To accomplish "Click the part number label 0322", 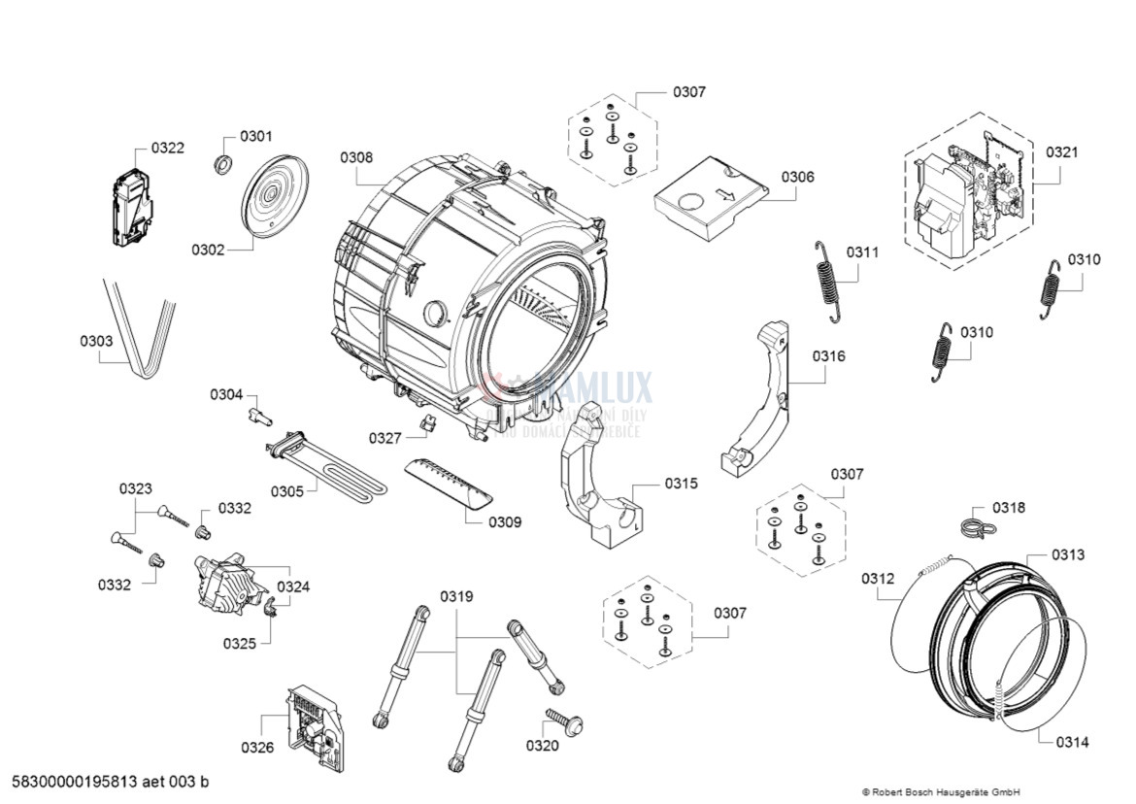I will tap(167, 149).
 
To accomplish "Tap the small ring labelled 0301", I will tap(222, 163).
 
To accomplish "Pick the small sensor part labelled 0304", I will tap(257, 415).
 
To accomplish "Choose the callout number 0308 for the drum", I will tap(356, 157).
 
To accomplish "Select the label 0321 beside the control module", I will tap(1061, 152).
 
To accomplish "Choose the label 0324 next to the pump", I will tap(293, 586).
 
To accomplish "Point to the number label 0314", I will tap(1072, 743).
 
